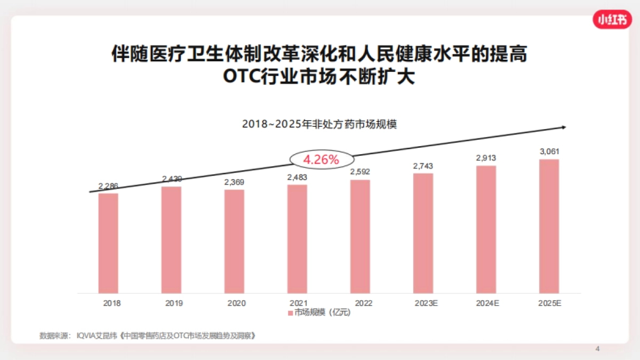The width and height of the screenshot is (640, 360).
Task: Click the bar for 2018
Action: pyautogui.click(x=108, y=243)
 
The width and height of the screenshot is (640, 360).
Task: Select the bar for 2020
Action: pyautogui.click(x=234, y=241)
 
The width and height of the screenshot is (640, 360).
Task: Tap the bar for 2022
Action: pyautogui.click(x=360, y=236)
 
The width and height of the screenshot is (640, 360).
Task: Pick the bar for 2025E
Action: pyautogui.click(x=549, y=226)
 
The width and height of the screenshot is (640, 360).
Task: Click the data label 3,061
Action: pyautogui.click(x=549, y=152)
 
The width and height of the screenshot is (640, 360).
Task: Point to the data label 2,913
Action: pyautogui.click(x=486, y=158)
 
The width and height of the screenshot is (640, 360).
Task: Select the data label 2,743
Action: pyautogui.click(x=423, y=166)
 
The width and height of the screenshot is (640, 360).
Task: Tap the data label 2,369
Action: pyautogui.click(x=234, y=182)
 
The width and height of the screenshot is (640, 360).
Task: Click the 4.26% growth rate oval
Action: pyautogui.click(x=321, y=159)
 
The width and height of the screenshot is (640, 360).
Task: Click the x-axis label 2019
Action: pyautogui.click(x=174, y=303)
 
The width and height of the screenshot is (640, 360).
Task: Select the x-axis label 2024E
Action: pyautogui.click(x=487, y=303)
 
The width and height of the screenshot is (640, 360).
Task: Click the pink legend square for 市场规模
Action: pyautogui.click(x=291, y=313)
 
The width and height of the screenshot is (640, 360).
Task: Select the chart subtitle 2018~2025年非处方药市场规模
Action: pyautogui.click(x=319, y=124)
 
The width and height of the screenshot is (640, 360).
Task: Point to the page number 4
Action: pyautogui.click(x=597, y=349)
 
